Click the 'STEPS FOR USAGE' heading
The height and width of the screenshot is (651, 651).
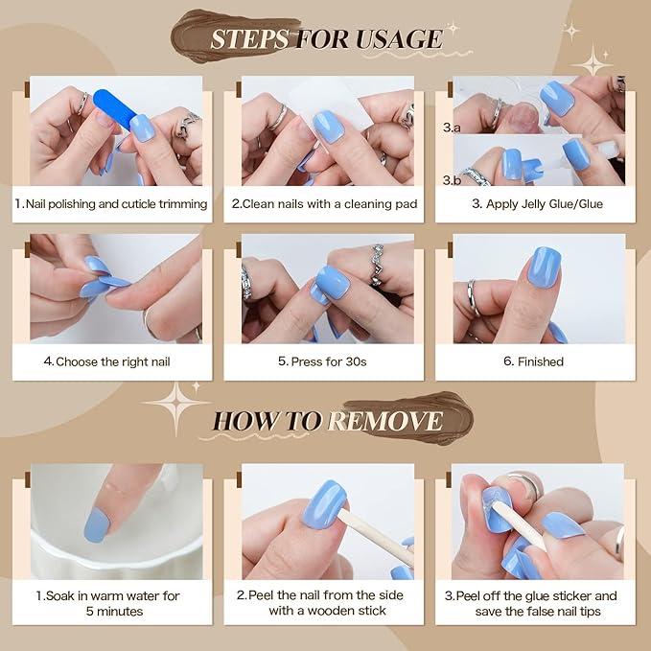tap(325, 39)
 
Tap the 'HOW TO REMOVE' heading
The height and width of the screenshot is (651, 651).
tap(327, 420)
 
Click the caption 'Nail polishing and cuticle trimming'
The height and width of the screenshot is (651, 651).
tap(112, 203)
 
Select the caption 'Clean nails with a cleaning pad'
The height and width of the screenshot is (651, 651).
tap(325, 203)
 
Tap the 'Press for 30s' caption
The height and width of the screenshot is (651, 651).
tap(324, 361)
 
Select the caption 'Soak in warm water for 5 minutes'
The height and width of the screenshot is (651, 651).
tap(112, 603)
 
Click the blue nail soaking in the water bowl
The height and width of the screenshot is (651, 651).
tap(97, 523)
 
